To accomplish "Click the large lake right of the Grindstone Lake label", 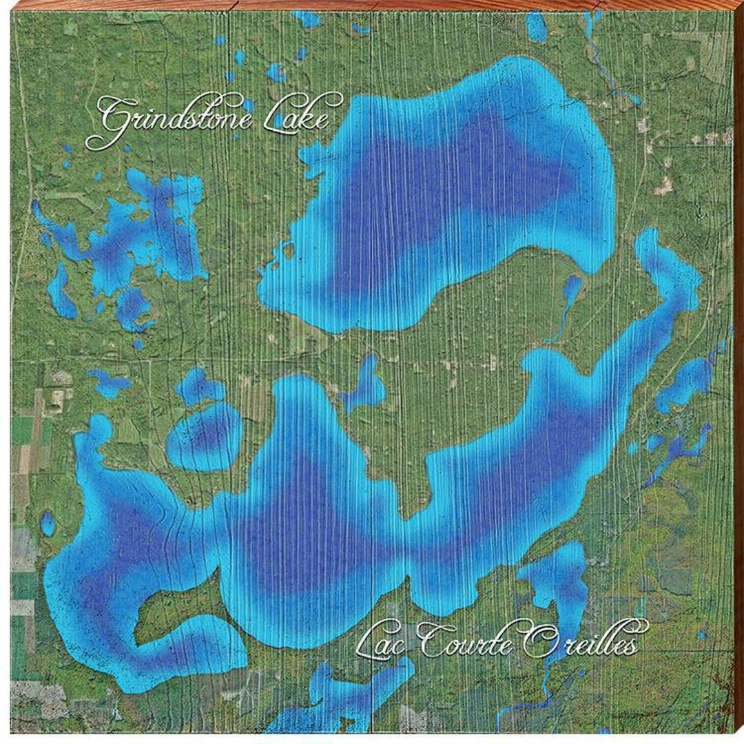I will [x=448, y=200].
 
